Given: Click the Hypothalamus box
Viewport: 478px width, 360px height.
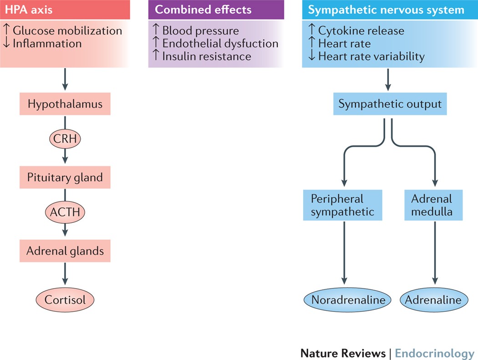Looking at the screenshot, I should [65, 104].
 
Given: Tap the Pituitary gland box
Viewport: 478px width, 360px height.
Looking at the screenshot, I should [65, 177].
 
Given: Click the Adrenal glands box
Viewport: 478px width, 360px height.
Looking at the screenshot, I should [65, 251].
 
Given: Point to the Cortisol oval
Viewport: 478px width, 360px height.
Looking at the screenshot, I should [65, 299].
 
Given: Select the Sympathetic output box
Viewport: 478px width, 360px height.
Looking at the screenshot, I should [390, 104].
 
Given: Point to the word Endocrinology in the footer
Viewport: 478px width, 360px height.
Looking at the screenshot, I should [434, 353].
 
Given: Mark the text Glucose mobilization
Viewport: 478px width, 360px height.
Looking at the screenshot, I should [67, 31].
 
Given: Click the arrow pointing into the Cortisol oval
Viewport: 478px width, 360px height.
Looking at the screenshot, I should [65, 275].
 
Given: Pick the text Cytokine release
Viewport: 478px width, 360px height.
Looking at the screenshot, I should [361, 31].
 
